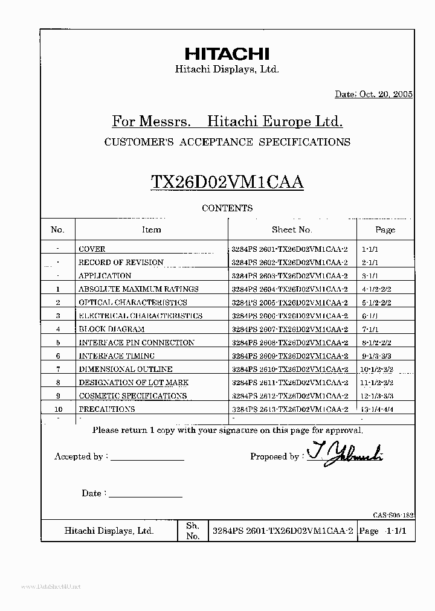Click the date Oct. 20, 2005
click(373, 95)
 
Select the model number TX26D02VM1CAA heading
click(227, 182)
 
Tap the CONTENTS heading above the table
click(227, 208)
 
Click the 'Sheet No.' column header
click(292, 229)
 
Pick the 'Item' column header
click(151, 229)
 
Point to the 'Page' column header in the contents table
click(385, 230)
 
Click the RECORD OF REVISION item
click(121, 263)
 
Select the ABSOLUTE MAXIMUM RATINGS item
click(138, 289)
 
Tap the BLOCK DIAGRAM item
click(111, 329)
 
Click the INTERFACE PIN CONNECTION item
click(137, 342)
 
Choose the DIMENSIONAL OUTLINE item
click(125, 369)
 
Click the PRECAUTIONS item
click(106, 409)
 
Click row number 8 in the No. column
click(58, 382)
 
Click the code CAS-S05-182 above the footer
click(393, 514)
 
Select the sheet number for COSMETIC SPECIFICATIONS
click(290, 395)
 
